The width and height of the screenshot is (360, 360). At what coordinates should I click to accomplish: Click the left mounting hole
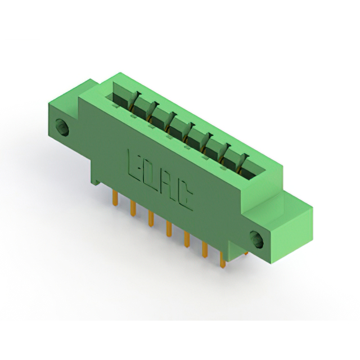[x=62, y=128]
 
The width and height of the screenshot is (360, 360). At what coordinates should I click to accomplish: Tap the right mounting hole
[x=256, y=240]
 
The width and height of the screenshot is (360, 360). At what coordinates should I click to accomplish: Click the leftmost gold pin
[x=115, y=197]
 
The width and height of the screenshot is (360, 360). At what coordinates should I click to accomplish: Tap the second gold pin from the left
[x=133, y=208]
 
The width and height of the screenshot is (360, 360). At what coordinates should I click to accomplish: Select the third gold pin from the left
[x=151, y=219]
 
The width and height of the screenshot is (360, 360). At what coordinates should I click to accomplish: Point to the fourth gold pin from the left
[x=169, y=229]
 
